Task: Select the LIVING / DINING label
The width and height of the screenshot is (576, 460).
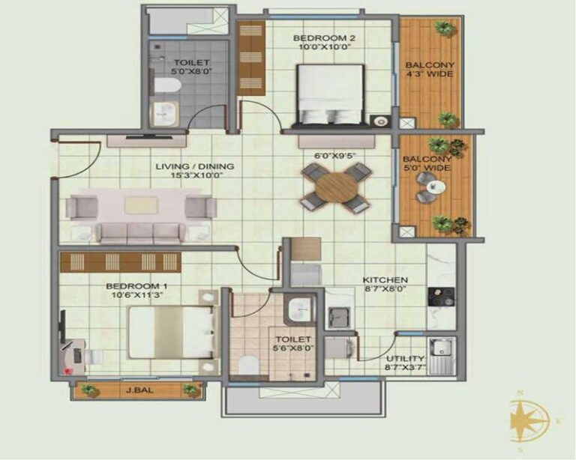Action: pyautogui.click(x=195, y=166)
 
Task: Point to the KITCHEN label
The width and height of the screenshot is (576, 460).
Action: pyautogui.click(x=385, y=280)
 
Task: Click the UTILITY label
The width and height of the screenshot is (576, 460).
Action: pyautogui.click(x=405, y=358)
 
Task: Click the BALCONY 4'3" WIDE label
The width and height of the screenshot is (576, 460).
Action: pyautogui.click(x=430, y=70)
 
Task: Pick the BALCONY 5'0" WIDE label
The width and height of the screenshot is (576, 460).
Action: pyautogui.click(x=427, y=163)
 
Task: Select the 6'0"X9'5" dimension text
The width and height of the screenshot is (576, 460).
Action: pyautogui.click(x=335, y=156)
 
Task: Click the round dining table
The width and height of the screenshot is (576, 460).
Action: pyautogui.click(x=336, y=188)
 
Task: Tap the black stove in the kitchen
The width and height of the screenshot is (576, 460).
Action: pyautogui.click(x=441, y=297)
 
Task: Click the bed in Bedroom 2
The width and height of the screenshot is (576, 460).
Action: pyautogui.click(x=330, y=95)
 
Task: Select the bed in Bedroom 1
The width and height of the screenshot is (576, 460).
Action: pyautogui.click(x=171, y=333)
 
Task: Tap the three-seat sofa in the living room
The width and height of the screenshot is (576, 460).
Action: pyautogui.click(x=140, y=233)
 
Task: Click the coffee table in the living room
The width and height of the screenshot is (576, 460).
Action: pyautogui.click(x=141, y=205)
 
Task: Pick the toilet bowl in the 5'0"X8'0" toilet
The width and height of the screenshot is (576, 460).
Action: pyautogui.click(x=167, y=86)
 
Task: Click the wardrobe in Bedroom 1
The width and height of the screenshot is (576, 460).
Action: pyautogui.click(x=121, y=262)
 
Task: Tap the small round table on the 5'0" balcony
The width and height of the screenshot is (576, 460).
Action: pyautogui.click(x=436, y=187)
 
